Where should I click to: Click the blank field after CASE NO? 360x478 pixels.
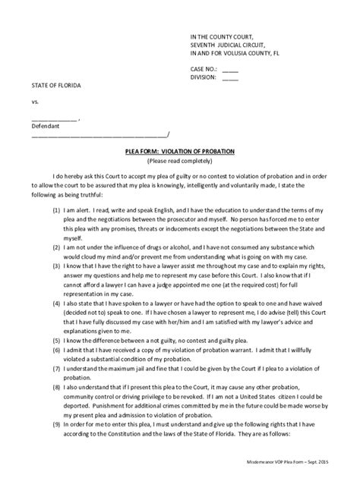pyautogui.click(x=229, y=68)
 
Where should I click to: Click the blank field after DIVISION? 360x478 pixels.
pyautogui.click(x=230, y=77)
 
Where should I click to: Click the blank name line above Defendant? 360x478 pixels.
pyautogui.click(x=53, y=118)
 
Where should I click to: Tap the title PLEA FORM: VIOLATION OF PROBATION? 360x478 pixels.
pyautogui.click(x=180, y=152)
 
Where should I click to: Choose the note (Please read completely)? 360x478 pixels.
pyautogui.click(x=180, y=161)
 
